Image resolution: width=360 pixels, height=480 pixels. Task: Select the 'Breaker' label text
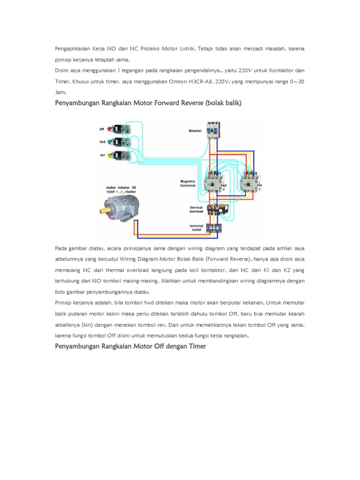point(195,131)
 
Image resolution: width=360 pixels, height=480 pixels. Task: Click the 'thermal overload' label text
point(196,209)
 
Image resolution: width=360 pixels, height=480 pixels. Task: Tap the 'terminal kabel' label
point(196,228)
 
